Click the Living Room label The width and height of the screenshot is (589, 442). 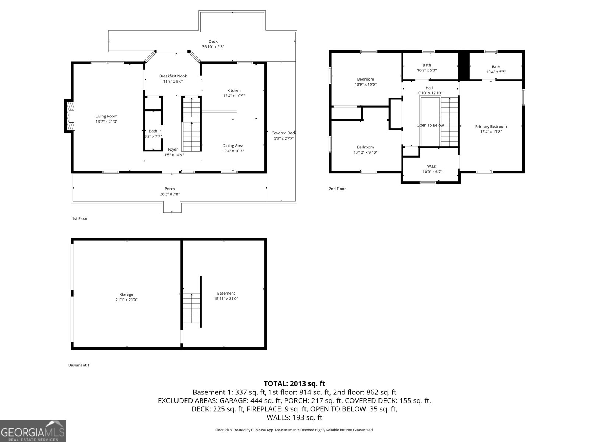tap(106, 116)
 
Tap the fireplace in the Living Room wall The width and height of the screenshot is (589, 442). tap(69, 116)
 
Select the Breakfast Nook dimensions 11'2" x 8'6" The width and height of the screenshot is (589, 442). tap(173, 81)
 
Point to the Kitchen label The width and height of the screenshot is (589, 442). tap(234, 91)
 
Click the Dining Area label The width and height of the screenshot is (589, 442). tap(233, 145)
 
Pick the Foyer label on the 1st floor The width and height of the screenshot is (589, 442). tap(173, 150)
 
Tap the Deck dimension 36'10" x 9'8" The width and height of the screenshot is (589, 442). tap(213, 47)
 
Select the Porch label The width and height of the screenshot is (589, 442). tap(170, 189)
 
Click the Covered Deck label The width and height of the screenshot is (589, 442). tap(283, 133)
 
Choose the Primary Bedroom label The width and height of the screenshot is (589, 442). tap(491, 127)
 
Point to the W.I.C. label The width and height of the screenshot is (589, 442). tap(432, 166)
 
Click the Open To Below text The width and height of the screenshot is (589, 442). tap(430, 125)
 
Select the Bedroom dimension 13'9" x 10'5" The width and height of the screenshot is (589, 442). tap(366, 85)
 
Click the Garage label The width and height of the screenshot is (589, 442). tap(127, 294)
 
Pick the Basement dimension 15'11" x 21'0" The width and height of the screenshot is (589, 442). tap(226, 299)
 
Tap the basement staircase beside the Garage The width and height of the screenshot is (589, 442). tap(191, 308)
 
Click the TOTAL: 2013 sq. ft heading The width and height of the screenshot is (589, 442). tap(294, 384)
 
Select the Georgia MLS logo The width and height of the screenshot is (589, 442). tap(33, 431)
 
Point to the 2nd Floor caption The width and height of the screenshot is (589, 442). tap(337, 189)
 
